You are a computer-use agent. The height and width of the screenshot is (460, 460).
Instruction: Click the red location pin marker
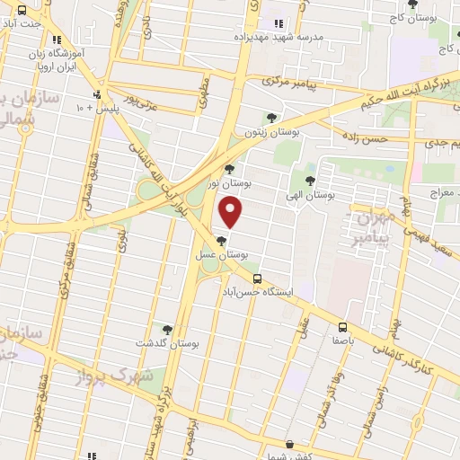point(232,212)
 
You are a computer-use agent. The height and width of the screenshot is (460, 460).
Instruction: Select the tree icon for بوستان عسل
point(222,240)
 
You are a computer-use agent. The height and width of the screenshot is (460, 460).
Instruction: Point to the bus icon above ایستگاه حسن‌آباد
point(258,279)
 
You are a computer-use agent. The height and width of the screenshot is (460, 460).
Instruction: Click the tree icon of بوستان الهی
point(310,181)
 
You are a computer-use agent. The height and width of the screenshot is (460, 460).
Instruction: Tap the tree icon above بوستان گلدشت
point(166,329)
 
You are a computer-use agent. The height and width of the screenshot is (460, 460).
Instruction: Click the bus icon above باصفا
point(343,327)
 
